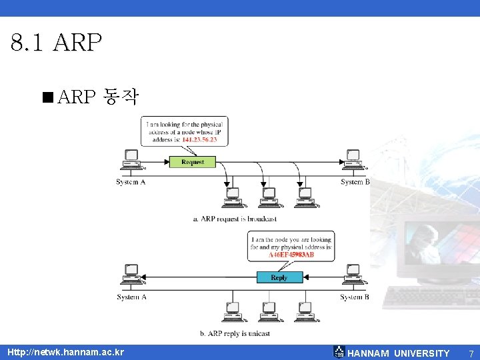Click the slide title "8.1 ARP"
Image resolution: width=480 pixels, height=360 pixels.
click(57, 44)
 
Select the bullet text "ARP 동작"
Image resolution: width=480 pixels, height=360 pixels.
click(98, 97)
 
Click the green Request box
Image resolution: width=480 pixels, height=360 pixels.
click(193, 162)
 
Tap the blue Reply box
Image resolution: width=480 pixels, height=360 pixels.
click(279, 277)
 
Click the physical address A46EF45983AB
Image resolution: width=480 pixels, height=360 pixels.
click(291, 255)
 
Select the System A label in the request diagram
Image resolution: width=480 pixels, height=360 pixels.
click(131, 182)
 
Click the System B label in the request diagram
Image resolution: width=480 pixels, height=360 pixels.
click(355, 182)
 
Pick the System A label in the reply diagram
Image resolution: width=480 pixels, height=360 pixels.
click(131, 297)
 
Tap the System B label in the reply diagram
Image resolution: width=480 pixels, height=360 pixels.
click(355, 297)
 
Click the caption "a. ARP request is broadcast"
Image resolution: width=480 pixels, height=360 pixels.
click(234, 219)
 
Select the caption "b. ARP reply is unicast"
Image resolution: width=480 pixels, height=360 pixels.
click(234, 333)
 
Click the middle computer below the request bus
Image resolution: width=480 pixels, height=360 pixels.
click(269, 197)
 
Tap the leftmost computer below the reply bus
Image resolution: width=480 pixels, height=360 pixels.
click(233, 311)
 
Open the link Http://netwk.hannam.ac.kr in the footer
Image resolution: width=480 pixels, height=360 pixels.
click(65, 352)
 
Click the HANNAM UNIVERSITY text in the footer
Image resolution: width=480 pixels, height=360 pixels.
click(399, 353)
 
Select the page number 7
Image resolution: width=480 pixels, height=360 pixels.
click(471, 353)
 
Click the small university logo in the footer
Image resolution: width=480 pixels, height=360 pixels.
click(339, 352)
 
